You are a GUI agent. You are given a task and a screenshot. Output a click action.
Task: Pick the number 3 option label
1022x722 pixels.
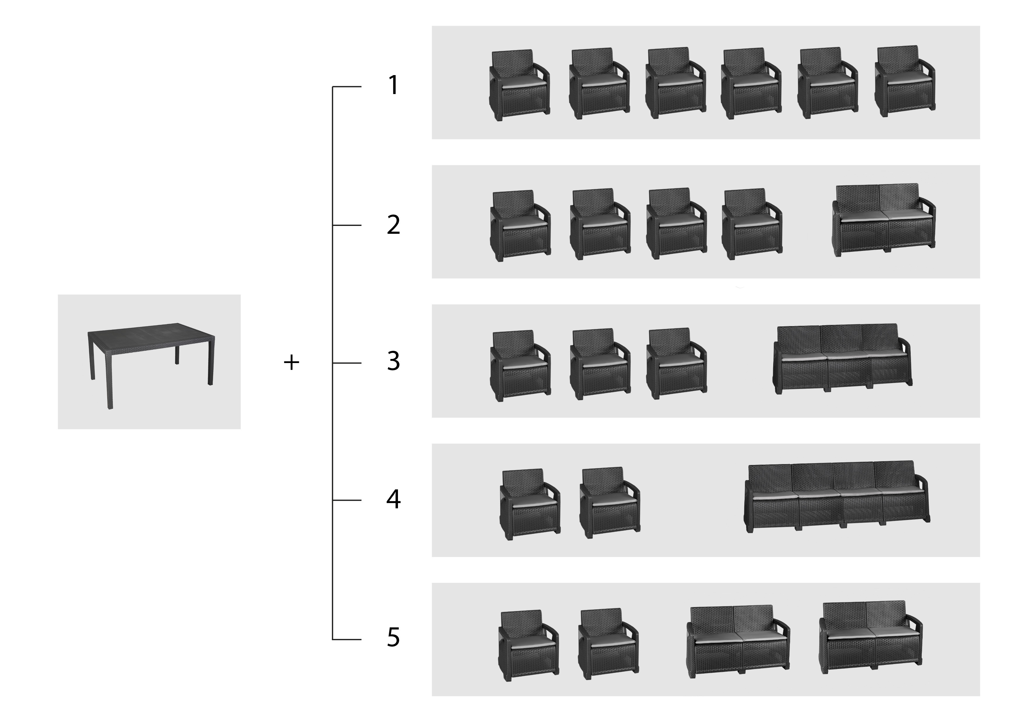pos(394,361)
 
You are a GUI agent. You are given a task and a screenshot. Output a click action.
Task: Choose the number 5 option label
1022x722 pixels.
pos(394,638)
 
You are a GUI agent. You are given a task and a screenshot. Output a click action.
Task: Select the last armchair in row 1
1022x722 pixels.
pos(905,82)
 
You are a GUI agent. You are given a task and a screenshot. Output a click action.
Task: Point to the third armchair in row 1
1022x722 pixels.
pos(676,83)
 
